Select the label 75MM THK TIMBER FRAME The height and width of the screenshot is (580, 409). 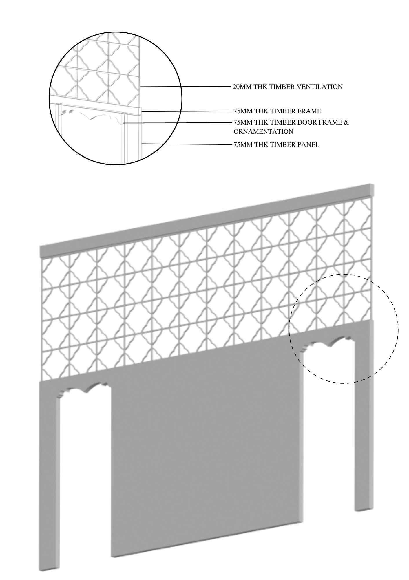(277, 111)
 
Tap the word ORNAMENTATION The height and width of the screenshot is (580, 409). (263, 131)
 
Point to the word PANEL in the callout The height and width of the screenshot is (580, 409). (308, 144)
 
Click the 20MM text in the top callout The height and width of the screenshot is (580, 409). (242, 87)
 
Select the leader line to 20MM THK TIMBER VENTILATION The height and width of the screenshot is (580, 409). (185, 87)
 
